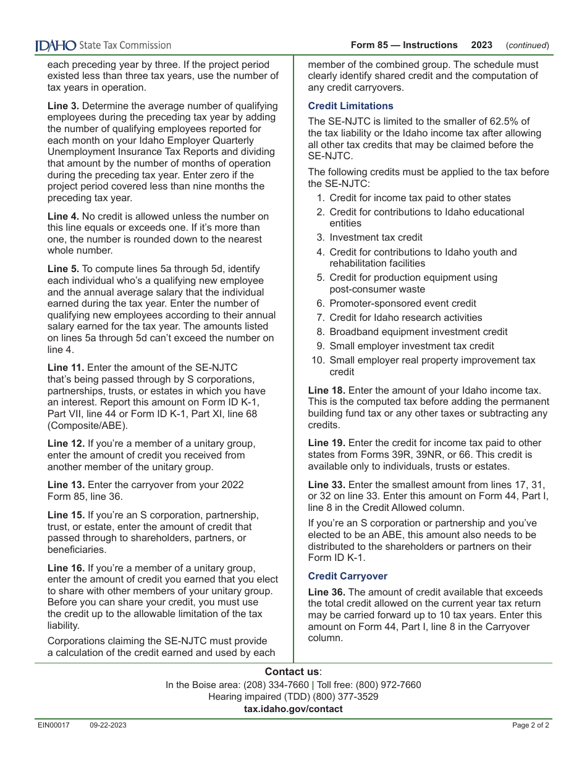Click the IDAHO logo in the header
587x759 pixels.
coord(56,45)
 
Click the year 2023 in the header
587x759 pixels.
coord(481,45)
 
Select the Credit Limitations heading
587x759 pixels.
coord(350,106)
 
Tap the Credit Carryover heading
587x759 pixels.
coord(348,576)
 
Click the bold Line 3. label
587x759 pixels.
coord(64,106)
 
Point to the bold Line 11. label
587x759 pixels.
coord(66,368)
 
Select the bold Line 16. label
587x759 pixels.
coord(66,568)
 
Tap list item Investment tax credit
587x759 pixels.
coord(376,238)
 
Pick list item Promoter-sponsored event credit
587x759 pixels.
coord(403,304)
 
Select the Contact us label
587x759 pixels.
coord(293,672)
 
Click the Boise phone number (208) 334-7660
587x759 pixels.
coord(276,685)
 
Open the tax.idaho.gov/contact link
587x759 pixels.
coord(293,709)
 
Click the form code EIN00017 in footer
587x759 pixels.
coord(54,726)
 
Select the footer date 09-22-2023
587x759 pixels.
coord(108,726)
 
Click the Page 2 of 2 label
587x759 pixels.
coord(530,726)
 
